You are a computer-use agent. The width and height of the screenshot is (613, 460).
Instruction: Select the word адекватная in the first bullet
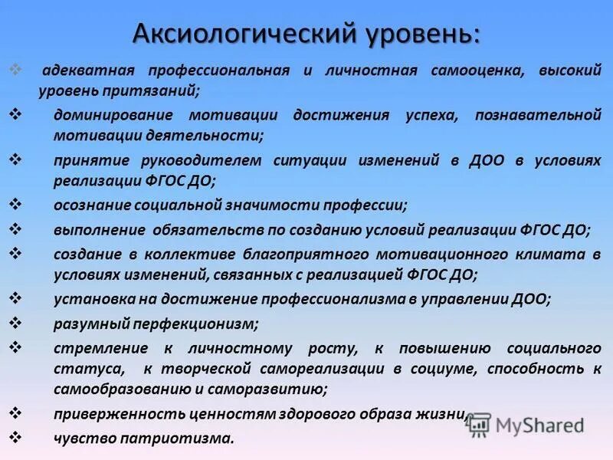(x=89, y=71)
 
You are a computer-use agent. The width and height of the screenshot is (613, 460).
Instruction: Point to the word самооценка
(x=476, y=71)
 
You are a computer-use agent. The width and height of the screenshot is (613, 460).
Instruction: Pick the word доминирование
(x=107, y=115)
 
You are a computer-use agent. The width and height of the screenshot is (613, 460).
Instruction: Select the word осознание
(x=91, y=205)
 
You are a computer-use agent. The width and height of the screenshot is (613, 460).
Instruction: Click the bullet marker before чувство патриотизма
(x=15, y=437)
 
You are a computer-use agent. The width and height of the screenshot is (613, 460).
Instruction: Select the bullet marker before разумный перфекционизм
(x=15, y=322)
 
